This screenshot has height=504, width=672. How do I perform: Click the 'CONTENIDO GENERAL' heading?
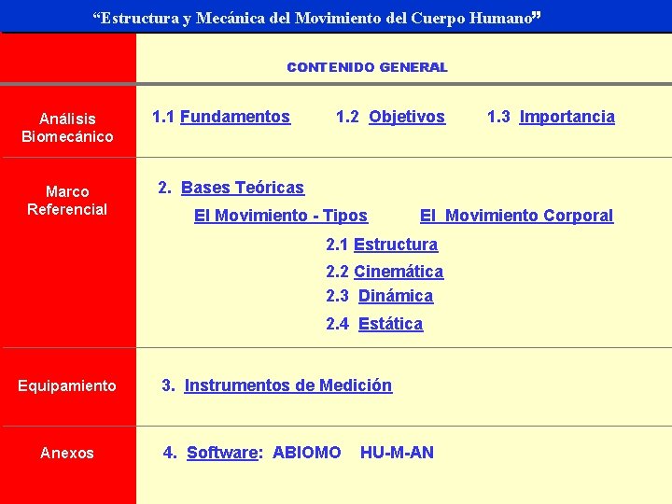(367, 67)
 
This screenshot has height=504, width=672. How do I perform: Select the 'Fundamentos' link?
(235, 117)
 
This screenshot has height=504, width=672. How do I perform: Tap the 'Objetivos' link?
(407, 117)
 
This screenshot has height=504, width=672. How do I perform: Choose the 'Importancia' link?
(567, 117)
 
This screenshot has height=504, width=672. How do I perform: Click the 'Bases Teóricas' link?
(243, 188)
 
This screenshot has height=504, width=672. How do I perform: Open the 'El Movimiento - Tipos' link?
(280, 216)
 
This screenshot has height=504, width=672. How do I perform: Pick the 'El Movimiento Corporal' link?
(516, 216)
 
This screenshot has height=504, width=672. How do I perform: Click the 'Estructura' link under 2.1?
(396, 245)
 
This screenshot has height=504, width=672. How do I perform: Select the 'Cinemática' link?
(399, 272)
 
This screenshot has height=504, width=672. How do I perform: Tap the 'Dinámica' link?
(396, 296)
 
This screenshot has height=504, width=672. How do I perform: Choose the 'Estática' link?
(390, 324)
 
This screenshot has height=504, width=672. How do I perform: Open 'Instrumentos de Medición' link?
(288, 385)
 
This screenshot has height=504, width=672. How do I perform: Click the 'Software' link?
(222, 453)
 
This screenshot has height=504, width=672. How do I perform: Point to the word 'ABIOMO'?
(306, 453)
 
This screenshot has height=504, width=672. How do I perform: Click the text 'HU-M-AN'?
(397, 453)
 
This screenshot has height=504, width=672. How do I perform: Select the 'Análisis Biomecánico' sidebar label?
(67, 128)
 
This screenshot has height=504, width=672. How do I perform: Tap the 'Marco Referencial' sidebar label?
(67, 201)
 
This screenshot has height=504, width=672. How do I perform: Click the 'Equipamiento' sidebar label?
(67, 385)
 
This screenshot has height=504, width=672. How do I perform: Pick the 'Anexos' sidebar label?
(67, 453)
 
